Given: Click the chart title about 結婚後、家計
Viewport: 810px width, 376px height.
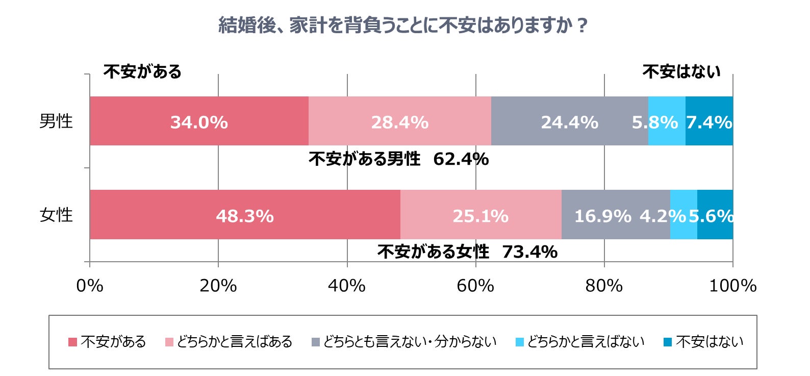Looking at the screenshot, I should click(x=403, y=25).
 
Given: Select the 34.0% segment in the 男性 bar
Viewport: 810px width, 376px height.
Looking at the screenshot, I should click(x=199, y=121).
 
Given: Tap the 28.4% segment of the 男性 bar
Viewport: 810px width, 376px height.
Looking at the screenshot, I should click(x=399, y=121).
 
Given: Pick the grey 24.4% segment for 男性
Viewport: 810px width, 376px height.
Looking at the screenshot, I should click(x=569, y=121).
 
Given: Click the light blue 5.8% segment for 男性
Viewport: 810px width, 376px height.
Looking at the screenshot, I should click(x=666, y=121).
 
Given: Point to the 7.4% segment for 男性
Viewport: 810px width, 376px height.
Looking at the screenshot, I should click(x=709, y=121).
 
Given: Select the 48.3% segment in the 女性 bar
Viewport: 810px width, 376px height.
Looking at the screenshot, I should click(x=245, y=215).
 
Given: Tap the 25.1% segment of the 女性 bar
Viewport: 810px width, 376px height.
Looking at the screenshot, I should click(x=480, y=215).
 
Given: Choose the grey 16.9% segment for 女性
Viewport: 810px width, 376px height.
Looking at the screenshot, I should click(x=602, y=215).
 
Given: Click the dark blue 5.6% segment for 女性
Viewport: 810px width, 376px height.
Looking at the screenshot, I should click(x=715, y=215).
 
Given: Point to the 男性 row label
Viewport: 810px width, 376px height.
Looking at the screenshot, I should click(x=56, y=121).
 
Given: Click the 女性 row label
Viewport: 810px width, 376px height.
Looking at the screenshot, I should click(x=56, y=215).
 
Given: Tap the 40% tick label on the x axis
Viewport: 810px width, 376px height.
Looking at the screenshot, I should click(x=347, y=286).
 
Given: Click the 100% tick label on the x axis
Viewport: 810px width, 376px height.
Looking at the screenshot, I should click(x=732, y=286).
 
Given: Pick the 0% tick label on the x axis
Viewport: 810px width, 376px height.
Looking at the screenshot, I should click(x=90, y=286).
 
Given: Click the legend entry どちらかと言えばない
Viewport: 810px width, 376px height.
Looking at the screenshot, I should click(x=580, y=342).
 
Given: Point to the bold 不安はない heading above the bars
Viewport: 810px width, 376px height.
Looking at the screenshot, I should click(x=681, y=71).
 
